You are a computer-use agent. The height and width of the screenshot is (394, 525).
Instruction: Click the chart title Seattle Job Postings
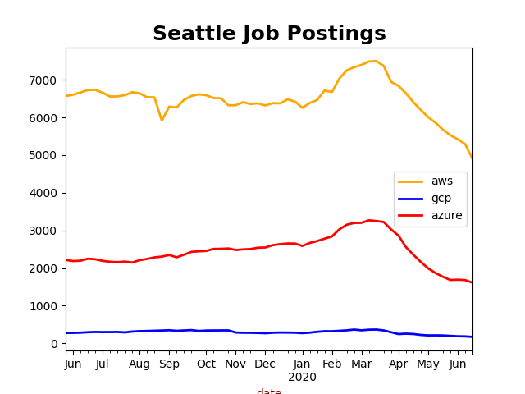point(269,34)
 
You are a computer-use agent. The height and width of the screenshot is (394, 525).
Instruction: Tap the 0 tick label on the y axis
point(55,344)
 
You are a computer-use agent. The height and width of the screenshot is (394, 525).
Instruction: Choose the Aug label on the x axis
point(139,364)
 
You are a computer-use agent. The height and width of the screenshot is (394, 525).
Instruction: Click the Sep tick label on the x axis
point(169,364)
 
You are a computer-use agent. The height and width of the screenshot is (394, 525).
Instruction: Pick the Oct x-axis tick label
point(206,364)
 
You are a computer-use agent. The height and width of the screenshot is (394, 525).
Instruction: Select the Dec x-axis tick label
point(265,364)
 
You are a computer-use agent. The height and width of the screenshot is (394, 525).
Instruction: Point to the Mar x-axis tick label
point(362,364)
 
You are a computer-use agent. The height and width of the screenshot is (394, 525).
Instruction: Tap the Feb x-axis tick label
point(332,364)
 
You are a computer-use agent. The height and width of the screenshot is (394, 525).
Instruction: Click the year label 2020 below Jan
point(302,377)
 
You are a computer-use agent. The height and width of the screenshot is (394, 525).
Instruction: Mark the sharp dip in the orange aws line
point(162,120)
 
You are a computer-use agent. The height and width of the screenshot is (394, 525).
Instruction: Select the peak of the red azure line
point(369,220)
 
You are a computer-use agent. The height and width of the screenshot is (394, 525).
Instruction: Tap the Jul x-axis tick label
point(102,364)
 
